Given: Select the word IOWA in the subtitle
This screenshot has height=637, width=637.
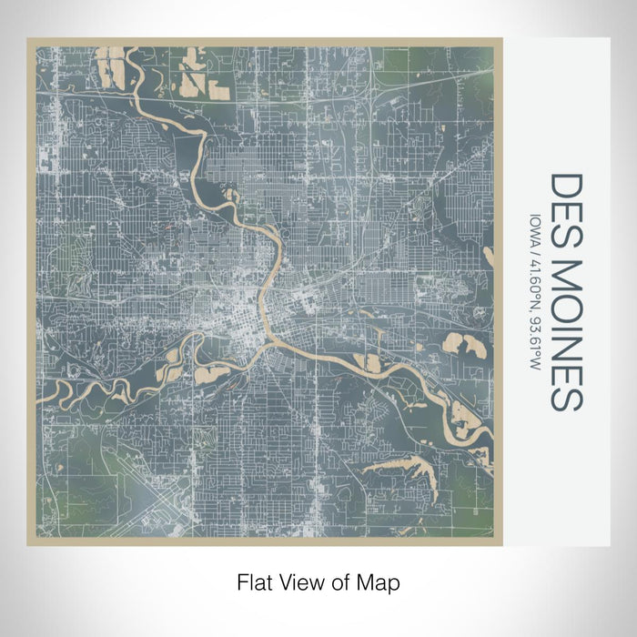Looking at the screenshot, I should [x=532, y=227].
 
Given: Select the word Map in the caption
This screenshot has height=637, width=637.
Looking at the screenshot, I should [x=380, y=581].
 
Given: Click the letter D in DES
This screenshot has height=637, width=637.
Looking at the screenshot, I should [x=565, y=184].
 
